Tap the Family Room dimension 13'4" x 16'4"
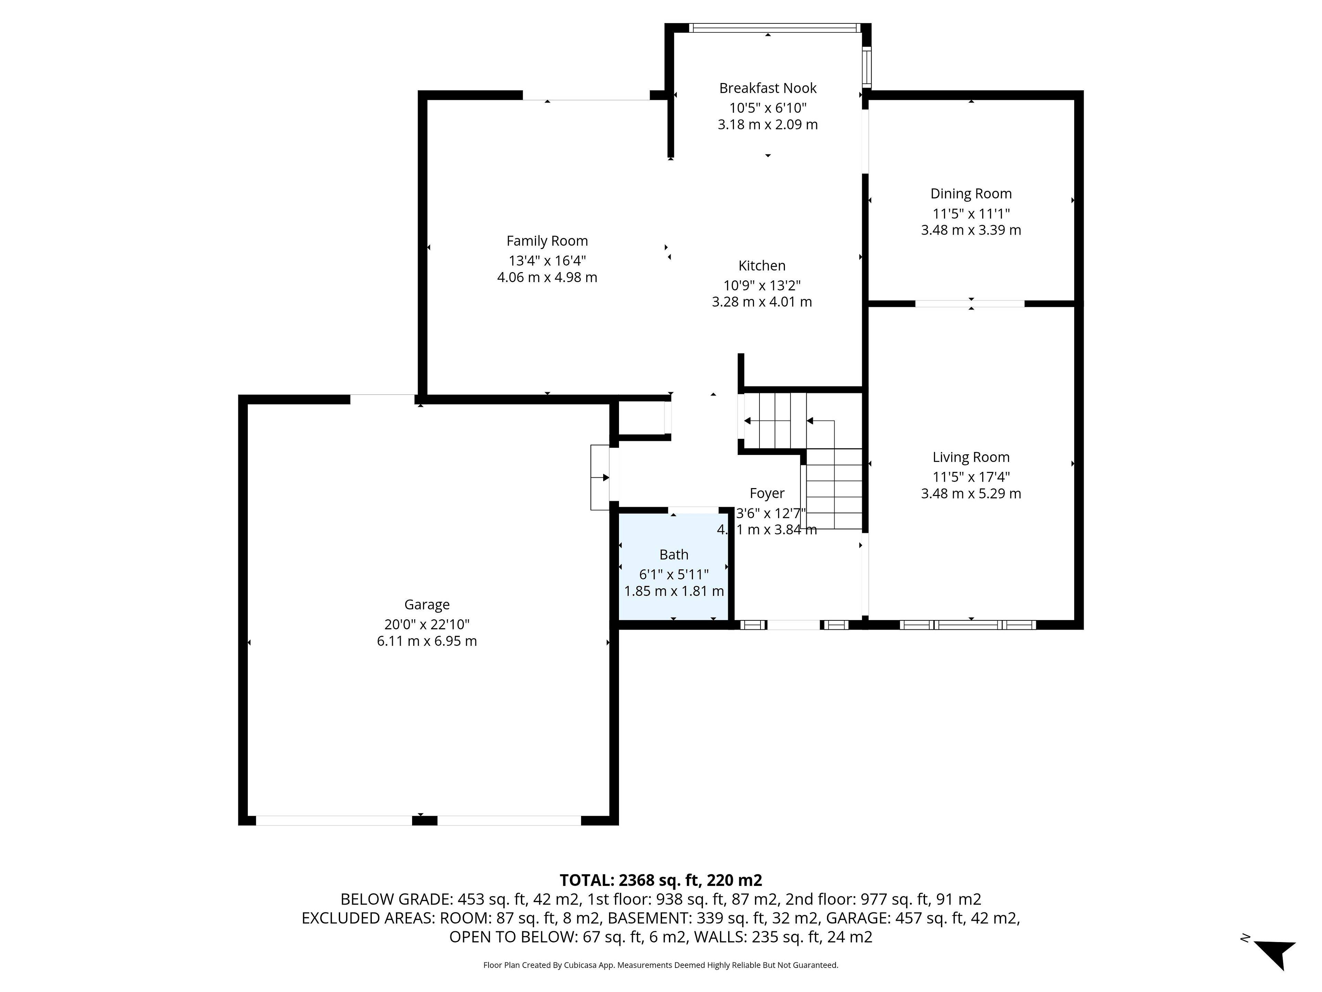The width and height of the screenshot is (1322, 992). click(x=547, y=261)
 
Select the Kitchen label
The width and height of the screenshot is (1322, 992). click(x=762, y=266)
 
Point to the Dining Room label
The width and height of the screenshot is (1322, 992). click(x=970, y=194)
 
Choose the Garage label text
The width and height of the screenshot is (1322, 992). click(x=427, y=604)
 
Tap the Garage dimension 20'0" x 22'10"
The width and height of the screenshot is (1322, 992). click(x=427, y=624)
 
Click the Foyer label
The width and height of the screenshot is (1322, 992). click(x=767, y=493)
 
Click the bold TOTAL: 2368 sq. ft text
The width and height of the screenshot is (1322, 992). click(x=660, y=880)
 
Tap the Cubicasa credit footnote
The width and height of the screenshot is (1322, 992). click(x=660, y=965)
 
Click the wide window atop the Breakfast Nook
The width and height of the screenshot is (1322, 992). click(x=774, y=28)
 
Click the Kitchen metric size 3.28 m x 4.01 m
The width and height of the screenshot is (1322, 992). click(x=762, y=302)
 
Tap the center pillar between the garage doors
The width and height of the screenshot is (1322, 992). click(x=424, y=820)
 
